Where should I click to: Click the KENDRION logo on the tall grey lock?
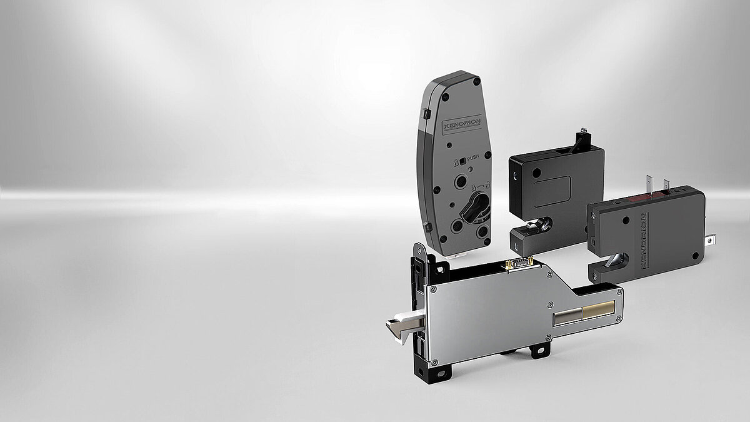click(x=462, y=125)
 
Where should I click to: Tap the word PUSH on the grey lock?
click(x=473, y=158)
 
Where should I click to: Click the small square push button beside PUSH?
click(x=462, y=161)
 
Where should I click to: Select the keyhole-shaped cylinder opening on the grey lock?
click(x=474, y=207)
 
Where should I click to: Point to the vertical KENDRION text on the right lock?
click(x=644, y=240)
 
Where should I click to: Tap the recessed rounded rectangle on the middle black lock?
click(x=552, y=191)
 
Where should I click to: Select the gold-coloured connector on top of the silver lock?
click(x=519, y=263)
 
